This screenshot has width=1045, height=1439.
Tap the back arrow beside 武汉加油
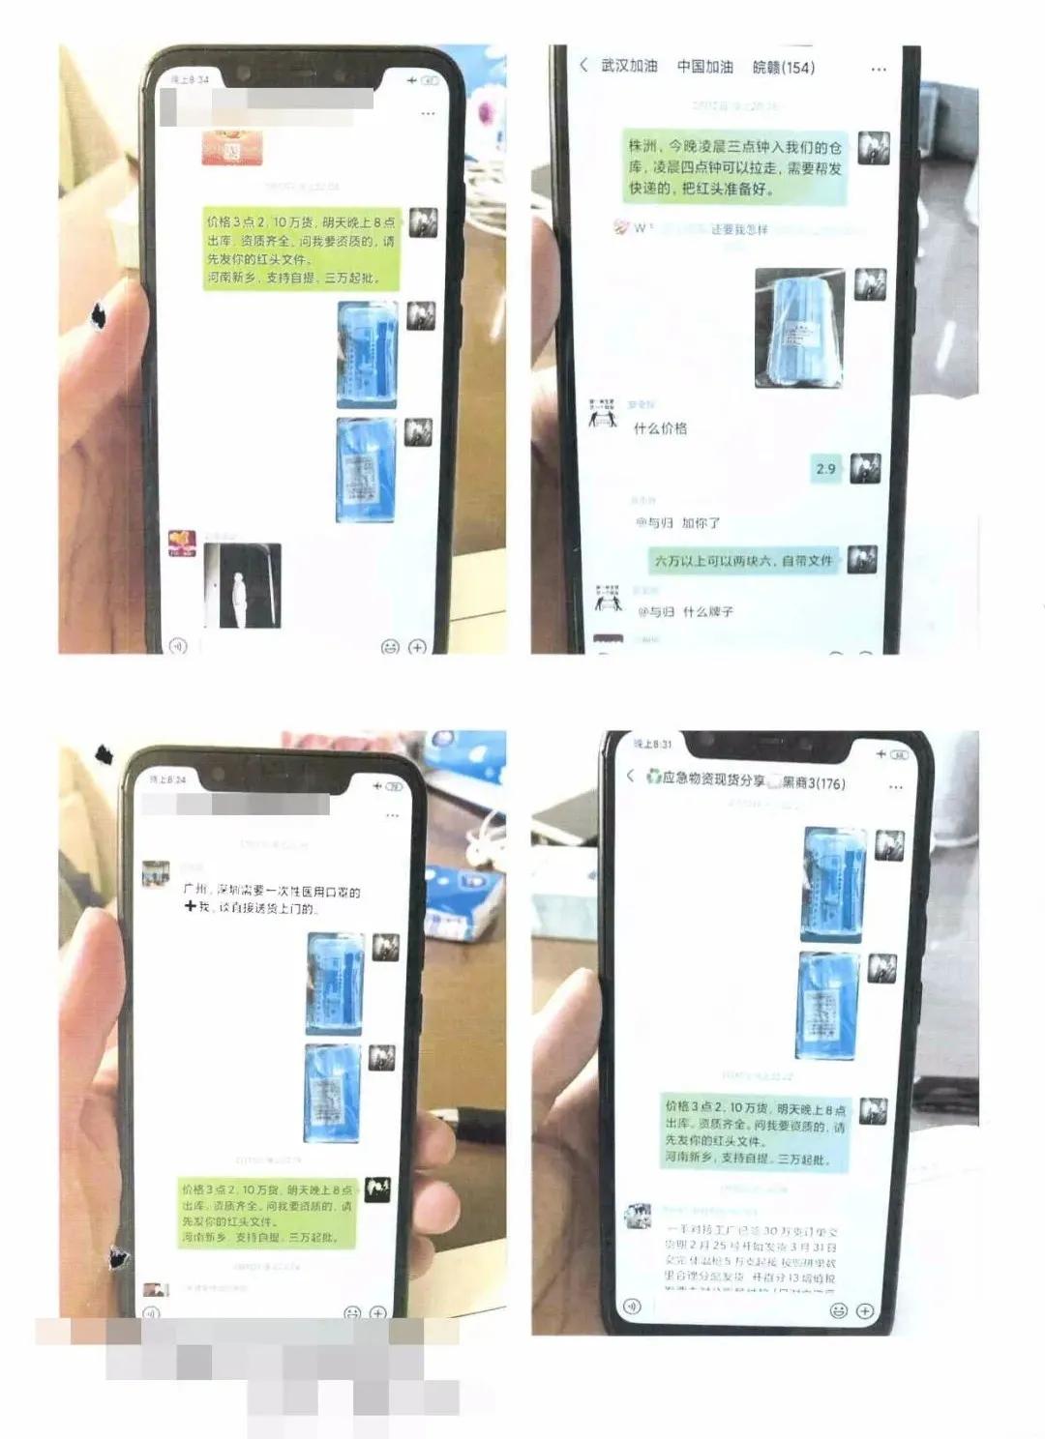(583, 65)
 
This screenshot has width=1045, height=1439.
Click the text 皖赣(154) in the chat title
(783, 67)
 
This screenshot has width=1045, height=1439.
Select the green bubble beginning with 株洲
(734, 167)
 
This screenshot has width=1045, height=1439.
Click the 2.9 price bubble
(825, 469)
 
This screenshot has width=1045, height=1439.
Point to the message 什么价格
(660, 428)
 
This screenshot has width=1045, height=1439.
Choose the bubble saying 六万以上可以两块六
(743, 561)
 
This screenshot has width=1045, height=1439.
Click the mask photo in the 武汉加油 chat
(798, 328)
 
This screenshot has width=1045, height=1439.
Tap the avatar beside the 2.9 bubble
(865, 468)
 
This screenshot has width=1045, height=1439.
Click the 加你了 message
(677, 523)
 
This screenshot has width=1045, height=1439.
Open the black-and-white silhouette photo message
(242, 585)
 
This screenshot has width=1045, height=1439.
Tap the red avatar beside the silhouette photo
(182, 543)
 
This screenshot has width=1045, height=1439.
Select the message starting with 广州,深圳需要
(272, 899)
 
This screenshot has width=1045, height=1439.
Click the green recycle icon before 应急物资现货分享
(654, 777)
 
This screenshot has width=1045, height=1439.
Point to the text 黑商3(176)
(813, 782)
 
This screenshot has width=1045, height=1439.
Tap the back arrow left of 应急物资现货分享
(630, 776)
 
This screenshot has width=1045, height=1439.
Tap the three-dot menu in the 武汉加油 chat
(879, 70)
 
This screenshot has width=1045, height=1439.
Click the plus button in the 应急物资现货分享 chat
(865, 1310)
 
